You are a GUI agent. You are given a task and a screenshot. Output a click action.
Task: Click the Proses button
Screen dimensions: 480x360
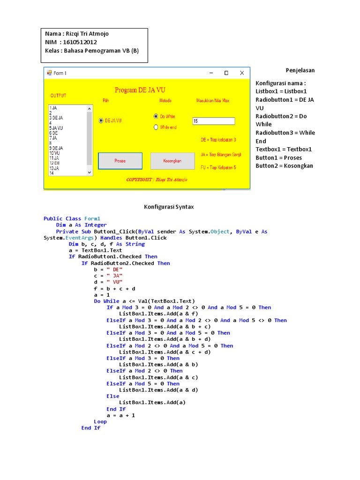tap(120, 161)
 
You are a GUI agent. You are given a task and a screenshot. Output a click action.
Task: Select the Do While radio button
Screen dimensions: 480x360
tap(156, 116)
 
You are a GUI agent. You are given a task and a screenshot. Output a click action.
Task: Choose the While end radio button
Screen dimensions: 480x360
tap(156, 127)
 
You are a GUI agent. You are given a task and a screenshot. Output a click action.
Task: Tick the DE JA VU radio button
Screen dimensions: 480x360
tap(101, 120)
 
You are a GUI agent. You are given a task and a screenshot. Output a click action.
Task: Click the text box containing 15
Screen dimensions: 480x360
tap(213, 121)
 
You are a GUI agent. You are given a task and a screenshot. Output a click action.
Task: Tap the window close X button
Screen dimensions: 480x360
tap(242, 73)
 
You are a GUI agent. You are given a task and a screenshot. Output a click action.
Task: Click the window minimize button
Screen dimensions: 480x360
tap(211, 73)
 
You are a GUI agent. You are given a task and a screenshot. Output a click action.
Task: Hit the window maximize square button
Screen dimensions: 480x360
tap(226, 73)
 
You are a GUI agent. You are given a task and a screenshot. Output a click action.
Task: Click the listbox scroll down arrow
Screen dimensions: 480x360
tap(90, 172)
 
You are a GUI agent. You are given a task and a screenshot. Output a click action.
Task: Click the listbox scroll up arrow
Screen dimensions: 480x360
tap(90, 108)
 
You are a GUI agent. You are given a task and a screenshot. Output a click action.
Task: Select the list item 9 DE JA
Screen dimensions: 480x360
tap(56, 148)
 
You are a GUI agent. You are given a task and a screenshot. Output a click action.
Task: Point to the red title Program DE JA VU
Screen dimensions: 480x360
tap(140, 90)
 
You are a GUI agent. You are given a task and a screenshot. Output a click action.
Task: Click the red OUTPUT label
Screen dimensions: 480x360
tap(59, 96)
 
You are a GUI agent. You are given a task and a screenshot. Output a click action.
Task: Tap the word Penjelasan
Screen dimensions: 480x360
tap(300, 70)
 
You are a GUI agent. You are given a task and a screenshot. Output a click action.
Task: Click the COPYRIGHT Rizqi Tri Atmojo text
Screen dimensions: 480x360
tap(157, 180)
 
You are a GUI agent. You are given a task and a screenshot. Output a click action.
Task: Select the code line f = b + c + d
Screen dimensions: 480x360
tap(114, 289)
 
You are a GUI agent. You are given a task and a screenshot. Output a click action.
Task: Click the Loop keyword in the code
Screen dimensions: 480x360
tap(100, 421)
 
